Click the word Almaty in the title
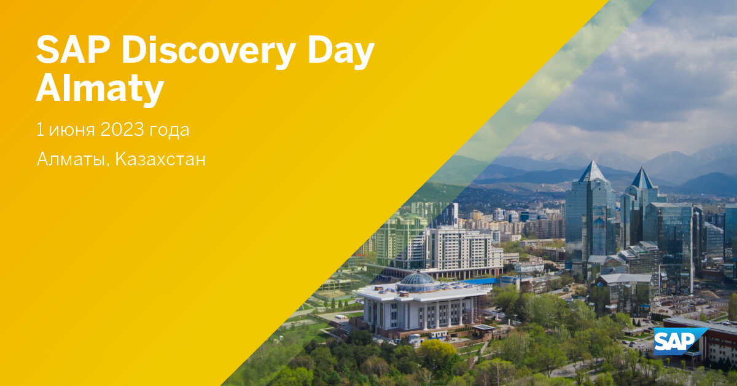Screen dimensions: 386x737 point(99,89)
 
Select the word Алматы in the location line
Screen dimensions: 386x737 point(72,160)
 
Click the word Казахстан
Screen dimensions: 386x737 point(160,160)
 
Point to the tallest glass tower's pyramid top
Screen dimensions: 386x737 point(593,171)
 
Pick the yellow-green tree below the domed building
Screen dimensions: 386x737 point(437,353)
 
